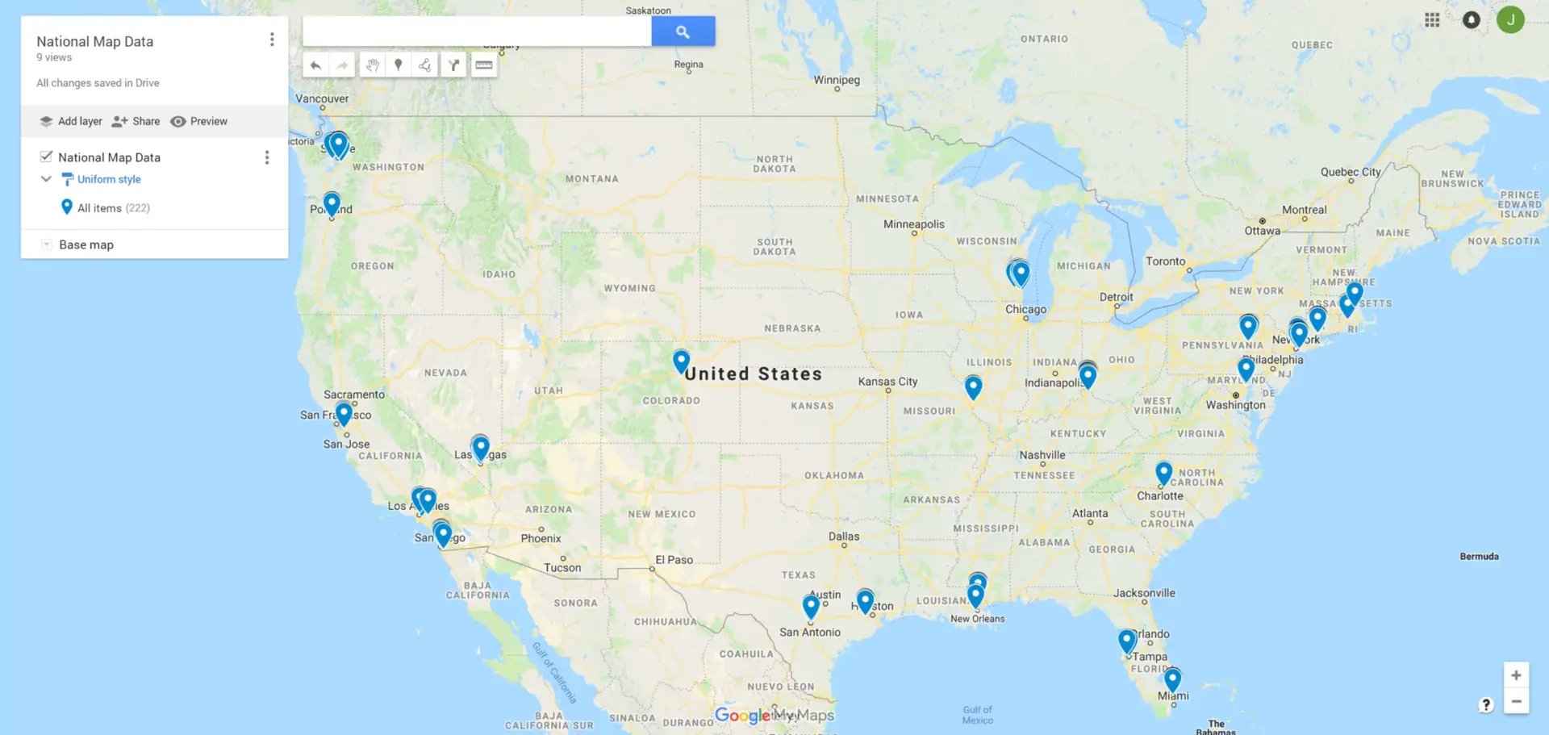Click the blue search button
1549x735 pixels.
(683, 31)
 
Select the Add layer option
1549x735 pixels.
(72, 121)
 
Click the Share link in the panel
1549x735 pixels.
(136, 121)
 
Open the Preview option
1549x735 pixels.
(199, 121)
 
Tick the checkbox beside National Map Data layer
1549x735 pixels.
(47, 157)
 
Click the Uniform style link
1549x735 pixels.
(109, 179)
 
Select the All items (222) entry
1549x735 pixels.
(113, 207)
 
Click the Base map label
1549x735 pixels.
(86, 244)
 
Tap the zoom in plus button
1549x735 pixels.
(1516, 675)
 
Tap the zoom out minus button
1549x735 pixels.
(1516, 702)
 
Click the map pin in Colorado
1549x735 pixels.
(681, 360)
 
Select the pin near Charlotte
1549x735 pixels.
(1163, 472)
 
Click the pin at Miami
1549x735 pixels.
(1172, 679)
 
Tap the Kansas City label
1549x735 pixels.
(887, 382)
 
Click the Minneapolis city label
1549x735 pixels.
(913, 224)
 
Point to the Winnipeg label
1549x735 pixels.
(837, 80)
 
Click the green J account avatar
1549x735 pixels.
(1510, 19)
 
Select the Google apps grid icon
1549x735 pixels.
(1432, 20)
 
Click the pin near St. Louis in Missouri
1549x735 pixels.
(973, 386)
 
